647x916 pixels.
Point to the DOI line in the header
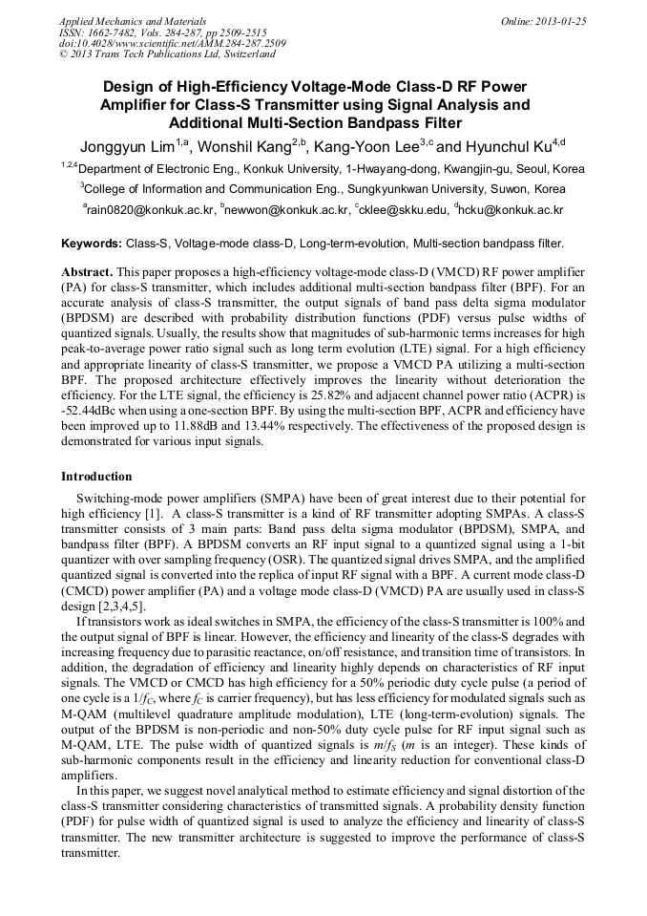(172, 43)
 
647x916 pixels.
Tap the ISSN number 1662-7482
(113, 32)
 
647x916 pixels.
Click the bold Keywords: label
(92, 245)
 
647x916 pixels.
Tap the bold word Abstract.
(88, 272)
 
